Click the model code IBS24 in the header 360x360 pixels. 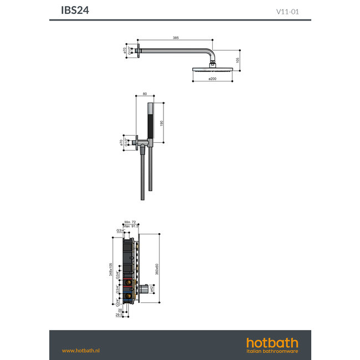75,10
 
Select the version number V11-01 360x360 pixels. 288,11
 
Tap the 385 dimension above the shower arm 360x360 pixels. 176,38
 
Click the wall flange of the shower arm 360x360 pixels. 142,52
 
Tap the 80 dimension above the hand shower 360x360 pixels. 145,94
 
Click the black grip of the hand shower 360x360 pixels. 151,121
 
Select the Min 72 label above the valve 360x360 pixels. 131,222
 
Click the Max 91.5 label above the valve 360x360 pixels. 131,226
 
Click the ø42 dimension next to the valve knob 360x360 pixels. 152,289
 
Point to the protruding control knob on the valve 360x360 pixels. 143,289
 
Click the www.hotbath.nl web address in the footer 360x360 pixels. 80,350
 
